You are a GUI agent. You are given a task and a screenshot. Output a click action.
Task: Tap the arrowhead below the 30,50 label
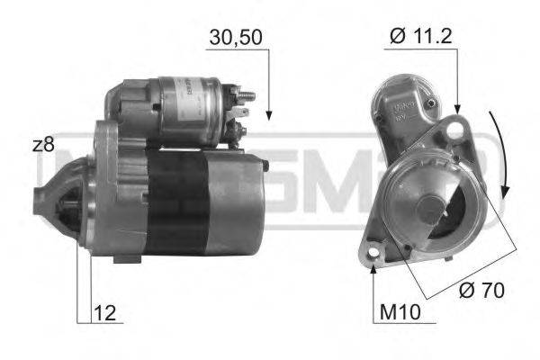click(269, 115)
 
